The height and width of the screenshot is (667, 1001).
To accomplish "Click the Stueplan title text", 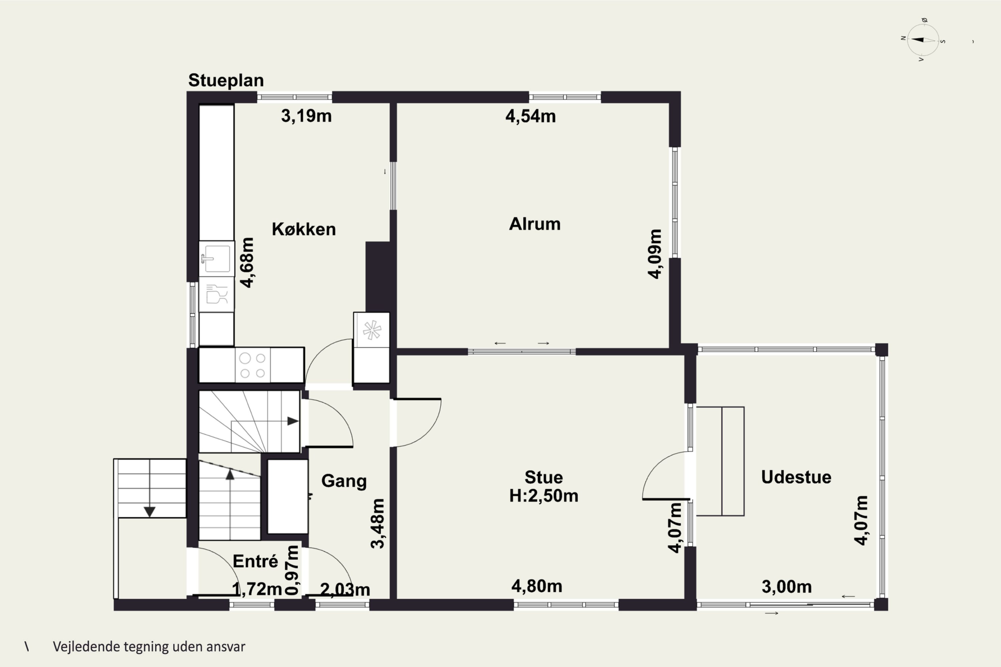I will pos(226,80).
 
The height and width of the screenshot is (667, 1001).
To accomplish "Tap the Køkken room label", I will pos(303,229).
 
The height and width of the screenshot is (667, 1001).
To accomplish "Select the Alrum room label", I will pos(535,224).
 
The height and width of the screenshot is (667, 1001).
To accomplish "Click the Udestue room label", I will pos(796,477).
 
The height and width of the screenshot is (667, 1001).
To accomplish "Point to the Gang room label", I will pos(343,481).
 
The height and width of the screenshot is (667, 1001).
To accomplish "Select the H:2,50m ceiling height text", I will pos(544,496).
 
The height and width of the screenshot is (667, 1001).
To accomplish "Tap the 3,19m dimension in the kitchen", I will pos(306,116).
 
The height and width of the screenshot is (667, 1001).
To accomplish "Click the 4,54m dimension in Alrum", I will pos(530,116).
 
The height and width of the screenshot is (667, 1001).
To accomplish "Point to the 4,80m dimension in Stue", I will pos(536,586).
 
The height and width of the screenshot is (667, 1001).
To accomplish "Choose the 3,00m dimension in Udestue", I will pos(786,587).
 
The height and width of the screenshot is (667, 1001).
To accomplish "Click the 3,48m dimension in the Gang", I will pos(377,523).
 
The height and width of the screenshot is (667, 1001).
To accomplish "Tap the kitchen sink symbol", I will pos(216,258).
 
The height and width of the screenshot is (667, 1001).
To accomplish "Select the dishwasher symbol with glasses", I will pos(216,294).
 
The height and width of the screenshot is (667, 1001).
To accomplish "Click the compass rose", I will pos(923,40).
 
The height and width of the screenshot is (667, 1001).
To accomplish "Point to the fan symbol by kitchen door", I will pos(372,330).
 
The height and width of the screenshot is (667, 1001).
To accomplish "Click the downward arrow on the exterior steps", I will pos(149,511).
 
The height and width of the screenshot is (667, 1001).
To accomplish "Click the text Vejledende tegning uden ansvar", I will pos(149,647).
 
